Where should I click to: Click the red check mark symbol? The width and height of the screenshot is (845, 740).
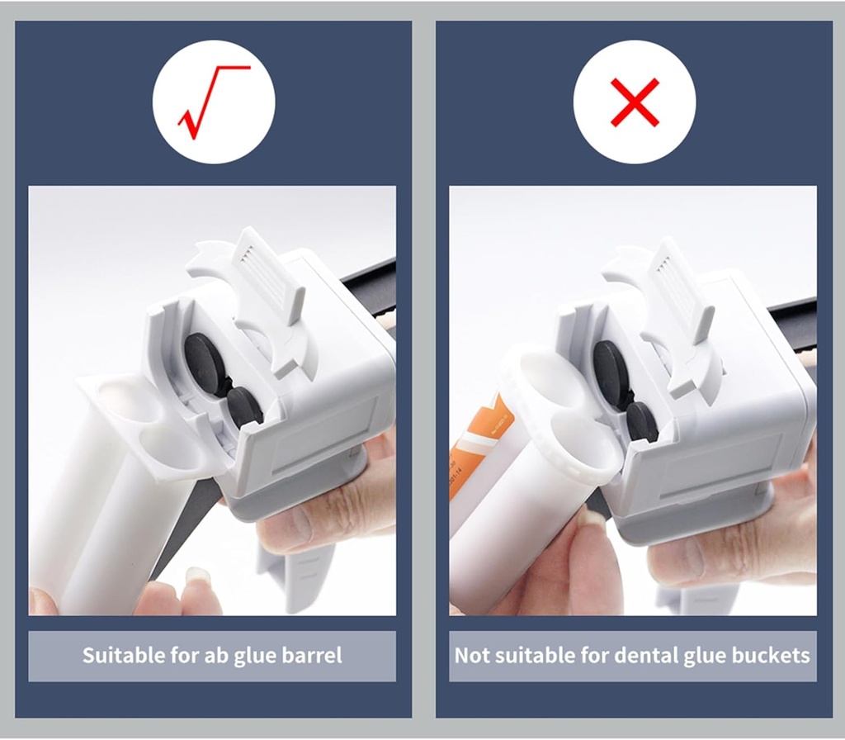[213, 102]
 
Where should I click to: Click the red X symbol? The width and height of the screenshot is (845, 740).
[635, 102]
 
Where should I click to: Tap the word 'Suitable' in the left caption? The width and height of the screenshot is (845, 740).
[124, 657]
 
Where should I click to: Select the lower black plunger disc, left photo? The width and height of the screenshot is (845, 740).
[244, 406]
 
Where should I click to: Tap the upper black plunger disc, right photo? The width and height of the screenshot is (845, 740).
[611, 372]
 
